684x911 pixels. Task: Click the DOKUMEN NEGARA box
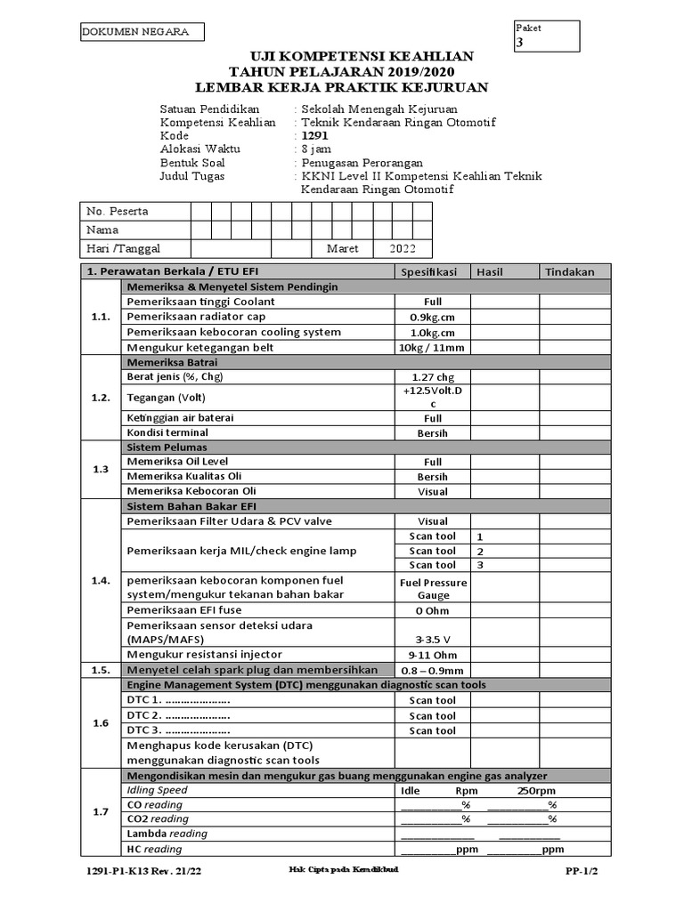(141, 32)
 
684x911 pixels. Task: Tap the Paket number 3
(520, 43)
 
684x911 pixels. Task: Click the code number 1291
(316, 136)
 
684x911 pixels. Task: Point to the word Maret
(343, 249)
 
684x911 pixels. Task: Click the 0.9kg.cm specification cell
(432, 318)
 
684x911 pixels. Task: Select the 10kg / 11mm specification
(432, 347)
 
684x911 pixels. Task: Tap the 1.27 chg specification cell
(432, 377)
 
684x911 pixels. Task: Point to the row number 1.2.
(100, 398)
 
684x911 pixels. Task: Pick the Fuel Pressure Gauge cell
(433, 588)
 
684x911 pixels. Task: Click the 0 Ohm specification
(432, 610)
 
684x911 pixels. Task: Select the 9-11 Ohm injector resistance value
(432, 655)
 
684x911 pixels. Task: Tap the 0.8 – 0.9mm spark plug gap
(432, 670)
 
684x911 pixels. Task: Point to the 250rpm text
(536, 790)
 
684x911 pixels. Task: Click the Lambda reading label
(167, 834)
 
